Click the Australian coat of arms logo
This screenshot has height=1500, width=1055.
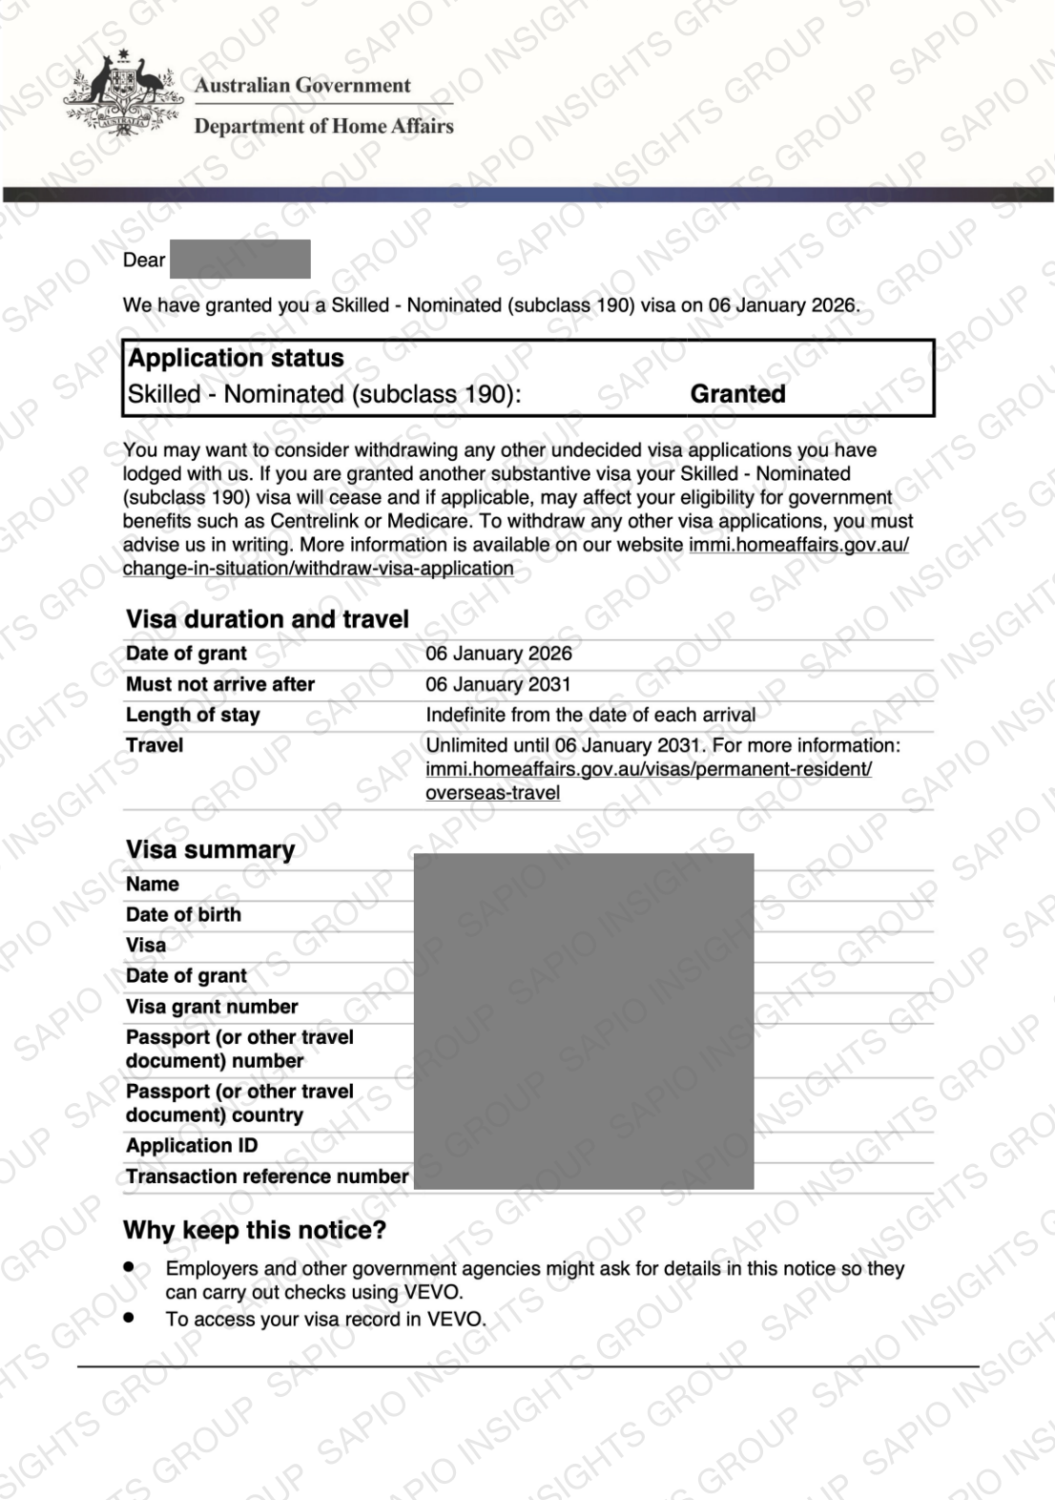click(123, 94)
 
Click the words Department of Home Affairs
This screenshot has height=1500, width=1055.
click(323, 126)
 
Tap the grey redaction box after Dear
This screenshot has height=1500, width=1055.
click(240, 260)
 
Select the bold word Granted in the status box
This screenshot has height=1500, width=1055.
click(737, 394)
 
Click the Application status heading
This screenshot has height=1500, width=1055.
click(236, 359)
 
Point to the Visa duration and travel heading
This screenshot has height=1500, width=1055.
click(267, 619)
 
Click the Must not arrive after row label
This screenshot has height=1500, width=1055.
click(220, 684)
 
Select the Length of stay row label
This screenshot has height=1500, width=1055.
click(193, 715)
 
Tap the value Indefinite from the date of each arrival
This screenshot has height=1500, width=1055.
click(590, 715)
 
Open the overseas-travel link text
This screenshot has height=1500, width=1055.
click(492, 793)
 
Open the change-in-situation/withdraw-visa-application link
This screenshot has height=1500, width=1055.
click(318, 569)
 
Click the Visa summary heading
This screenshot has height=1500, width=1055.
click(210, 850)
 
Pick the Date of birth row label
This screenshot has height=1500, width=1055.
click(183, 915)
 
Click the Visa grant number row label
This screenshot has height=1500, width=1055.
click(212, 1007)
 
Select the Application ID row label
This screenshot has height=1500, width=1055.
click(192, 1146)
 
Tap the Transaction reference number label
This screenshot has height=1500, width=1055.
click(267, 1177)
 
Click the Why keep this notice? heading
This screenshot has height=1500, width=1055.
click(255, 1231)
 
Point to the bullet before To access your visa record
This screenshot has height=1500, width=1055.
click(129, 1318)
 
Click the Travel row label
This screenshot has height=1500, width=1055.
click(155, 745)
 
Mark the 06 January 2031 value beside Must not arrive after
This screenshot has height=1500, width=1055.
click(498, 684)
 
